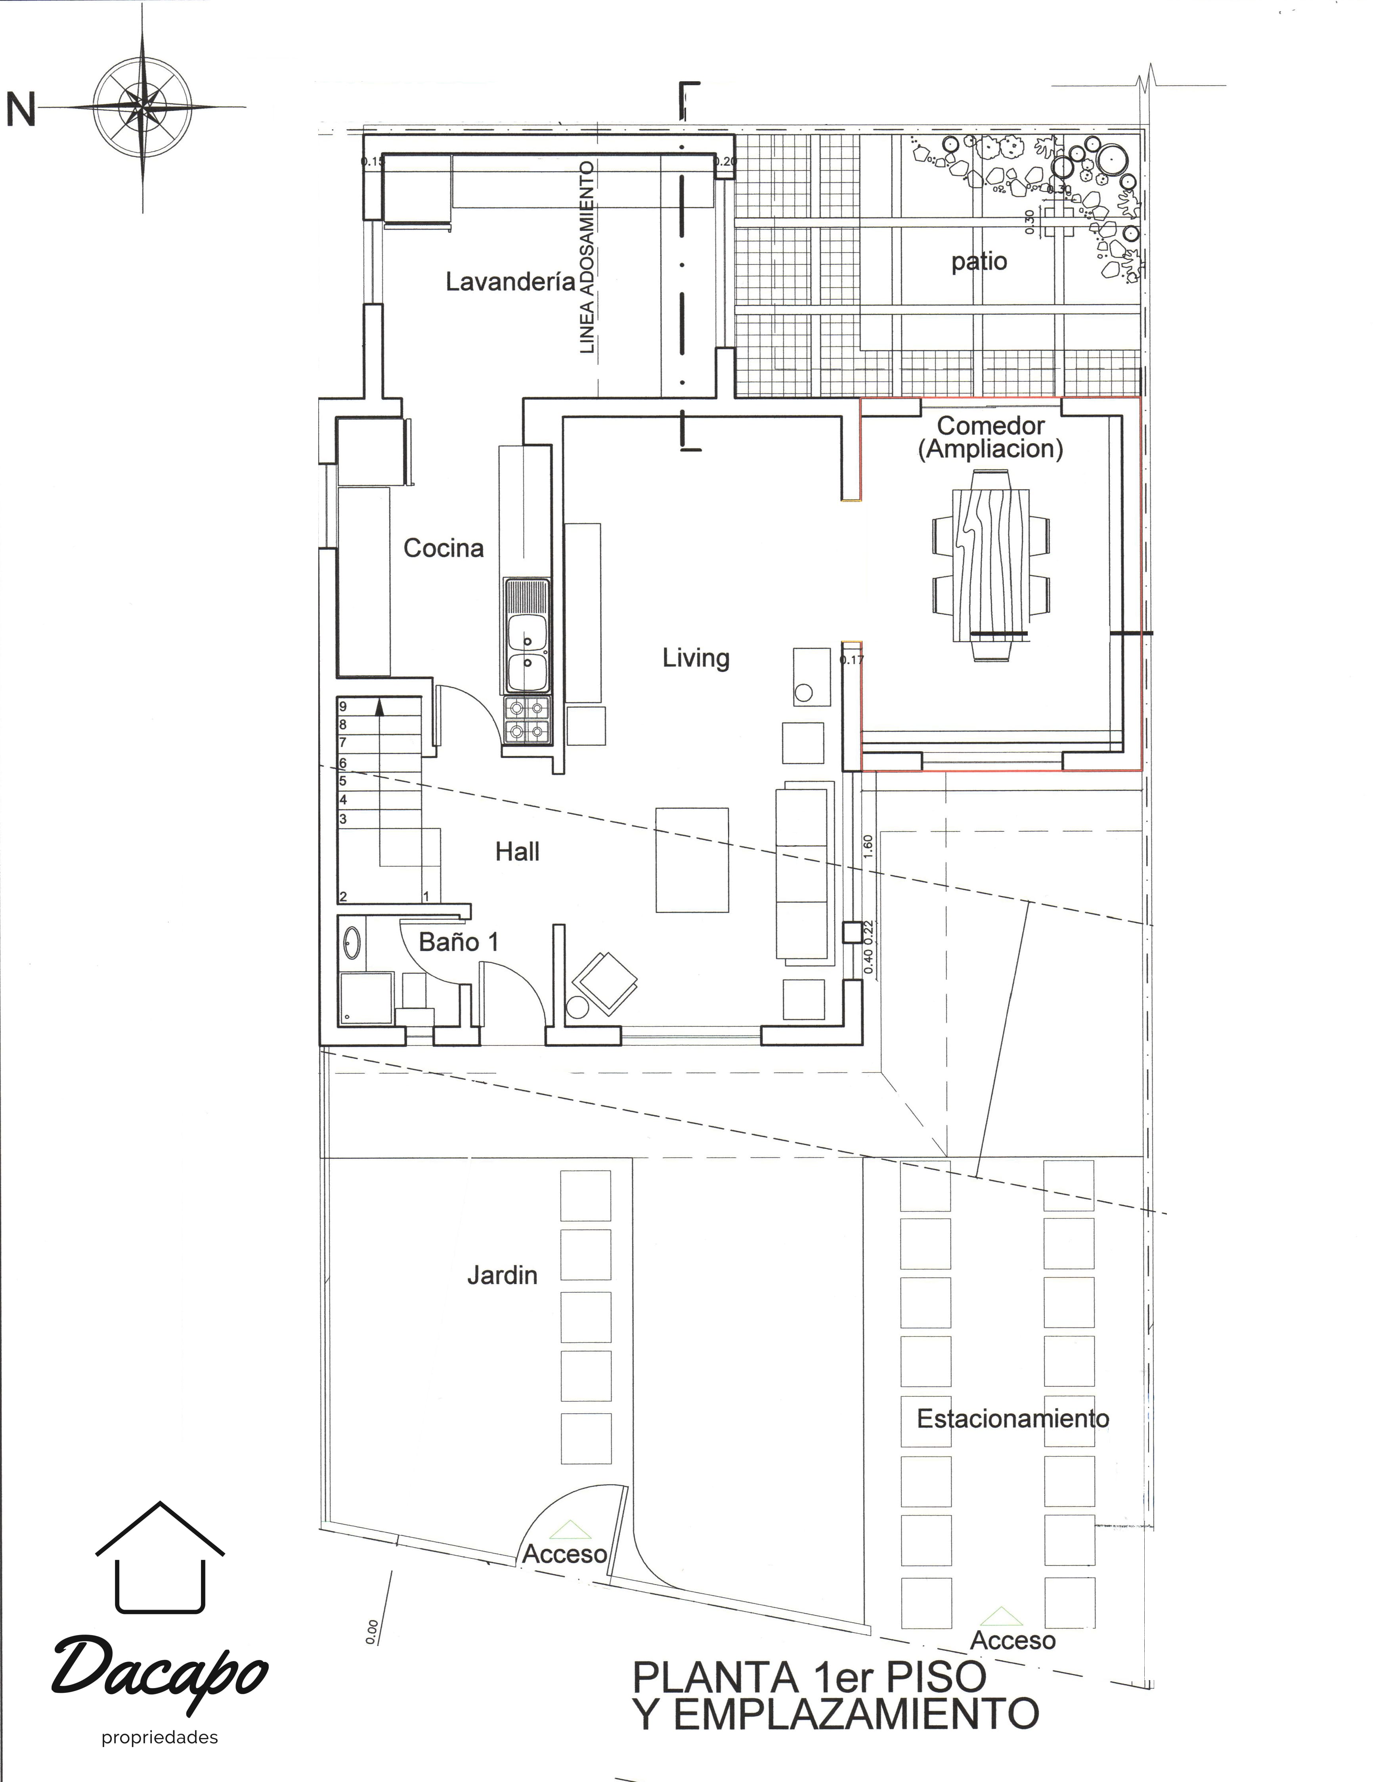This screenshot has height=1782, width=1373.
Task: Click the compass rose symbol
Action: pos(143,106)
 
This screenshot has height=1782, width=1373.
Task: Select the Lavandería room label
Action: pos(510,282)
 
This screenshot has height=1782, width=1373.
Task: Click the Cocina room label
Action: pos(443,548)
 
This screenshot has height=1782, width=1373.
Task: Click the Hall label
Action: pos(517,852)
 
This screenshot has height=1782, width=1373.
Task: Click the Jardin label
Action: pos(502,1275)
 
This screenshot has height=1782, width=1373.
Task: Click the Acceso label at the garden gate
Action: pos(564,1554)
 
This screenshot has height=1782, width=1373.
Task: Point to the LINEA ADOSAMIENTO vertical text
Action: pos(587,257)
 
